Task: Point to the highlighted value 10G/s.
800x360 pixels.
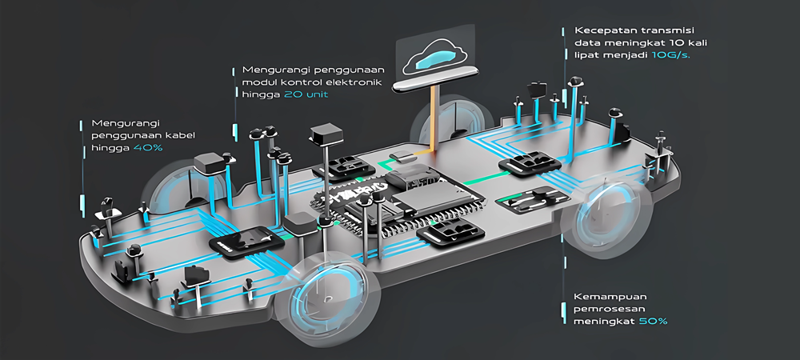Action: click(672, 55)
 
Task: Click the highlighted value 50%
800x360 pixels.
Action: click(653, 321)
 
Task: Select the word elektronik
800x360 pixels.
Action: click(355, 82)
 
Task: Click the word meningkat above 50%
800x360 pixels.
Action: click(602, 321)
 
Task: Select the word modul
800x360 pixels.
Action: click(258, 82)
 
